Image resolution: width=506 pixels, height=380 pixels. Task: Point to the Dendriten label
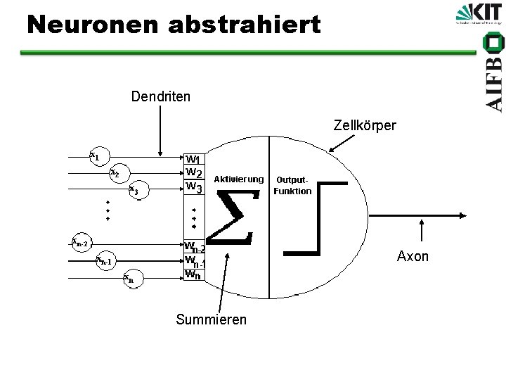(160, 95)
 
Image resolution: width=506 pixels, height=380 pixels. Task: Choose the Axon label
(413, 256)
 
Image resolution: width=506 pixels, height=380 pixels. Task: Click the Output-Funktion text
(292, 186)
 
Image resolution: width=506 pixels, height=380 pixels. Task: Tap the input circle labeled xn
(129, 279)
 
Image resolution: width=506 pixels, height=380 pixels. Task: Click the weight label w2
(194, 173)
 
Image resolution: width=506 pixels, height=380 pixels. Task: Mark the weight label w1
(193, 160)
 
